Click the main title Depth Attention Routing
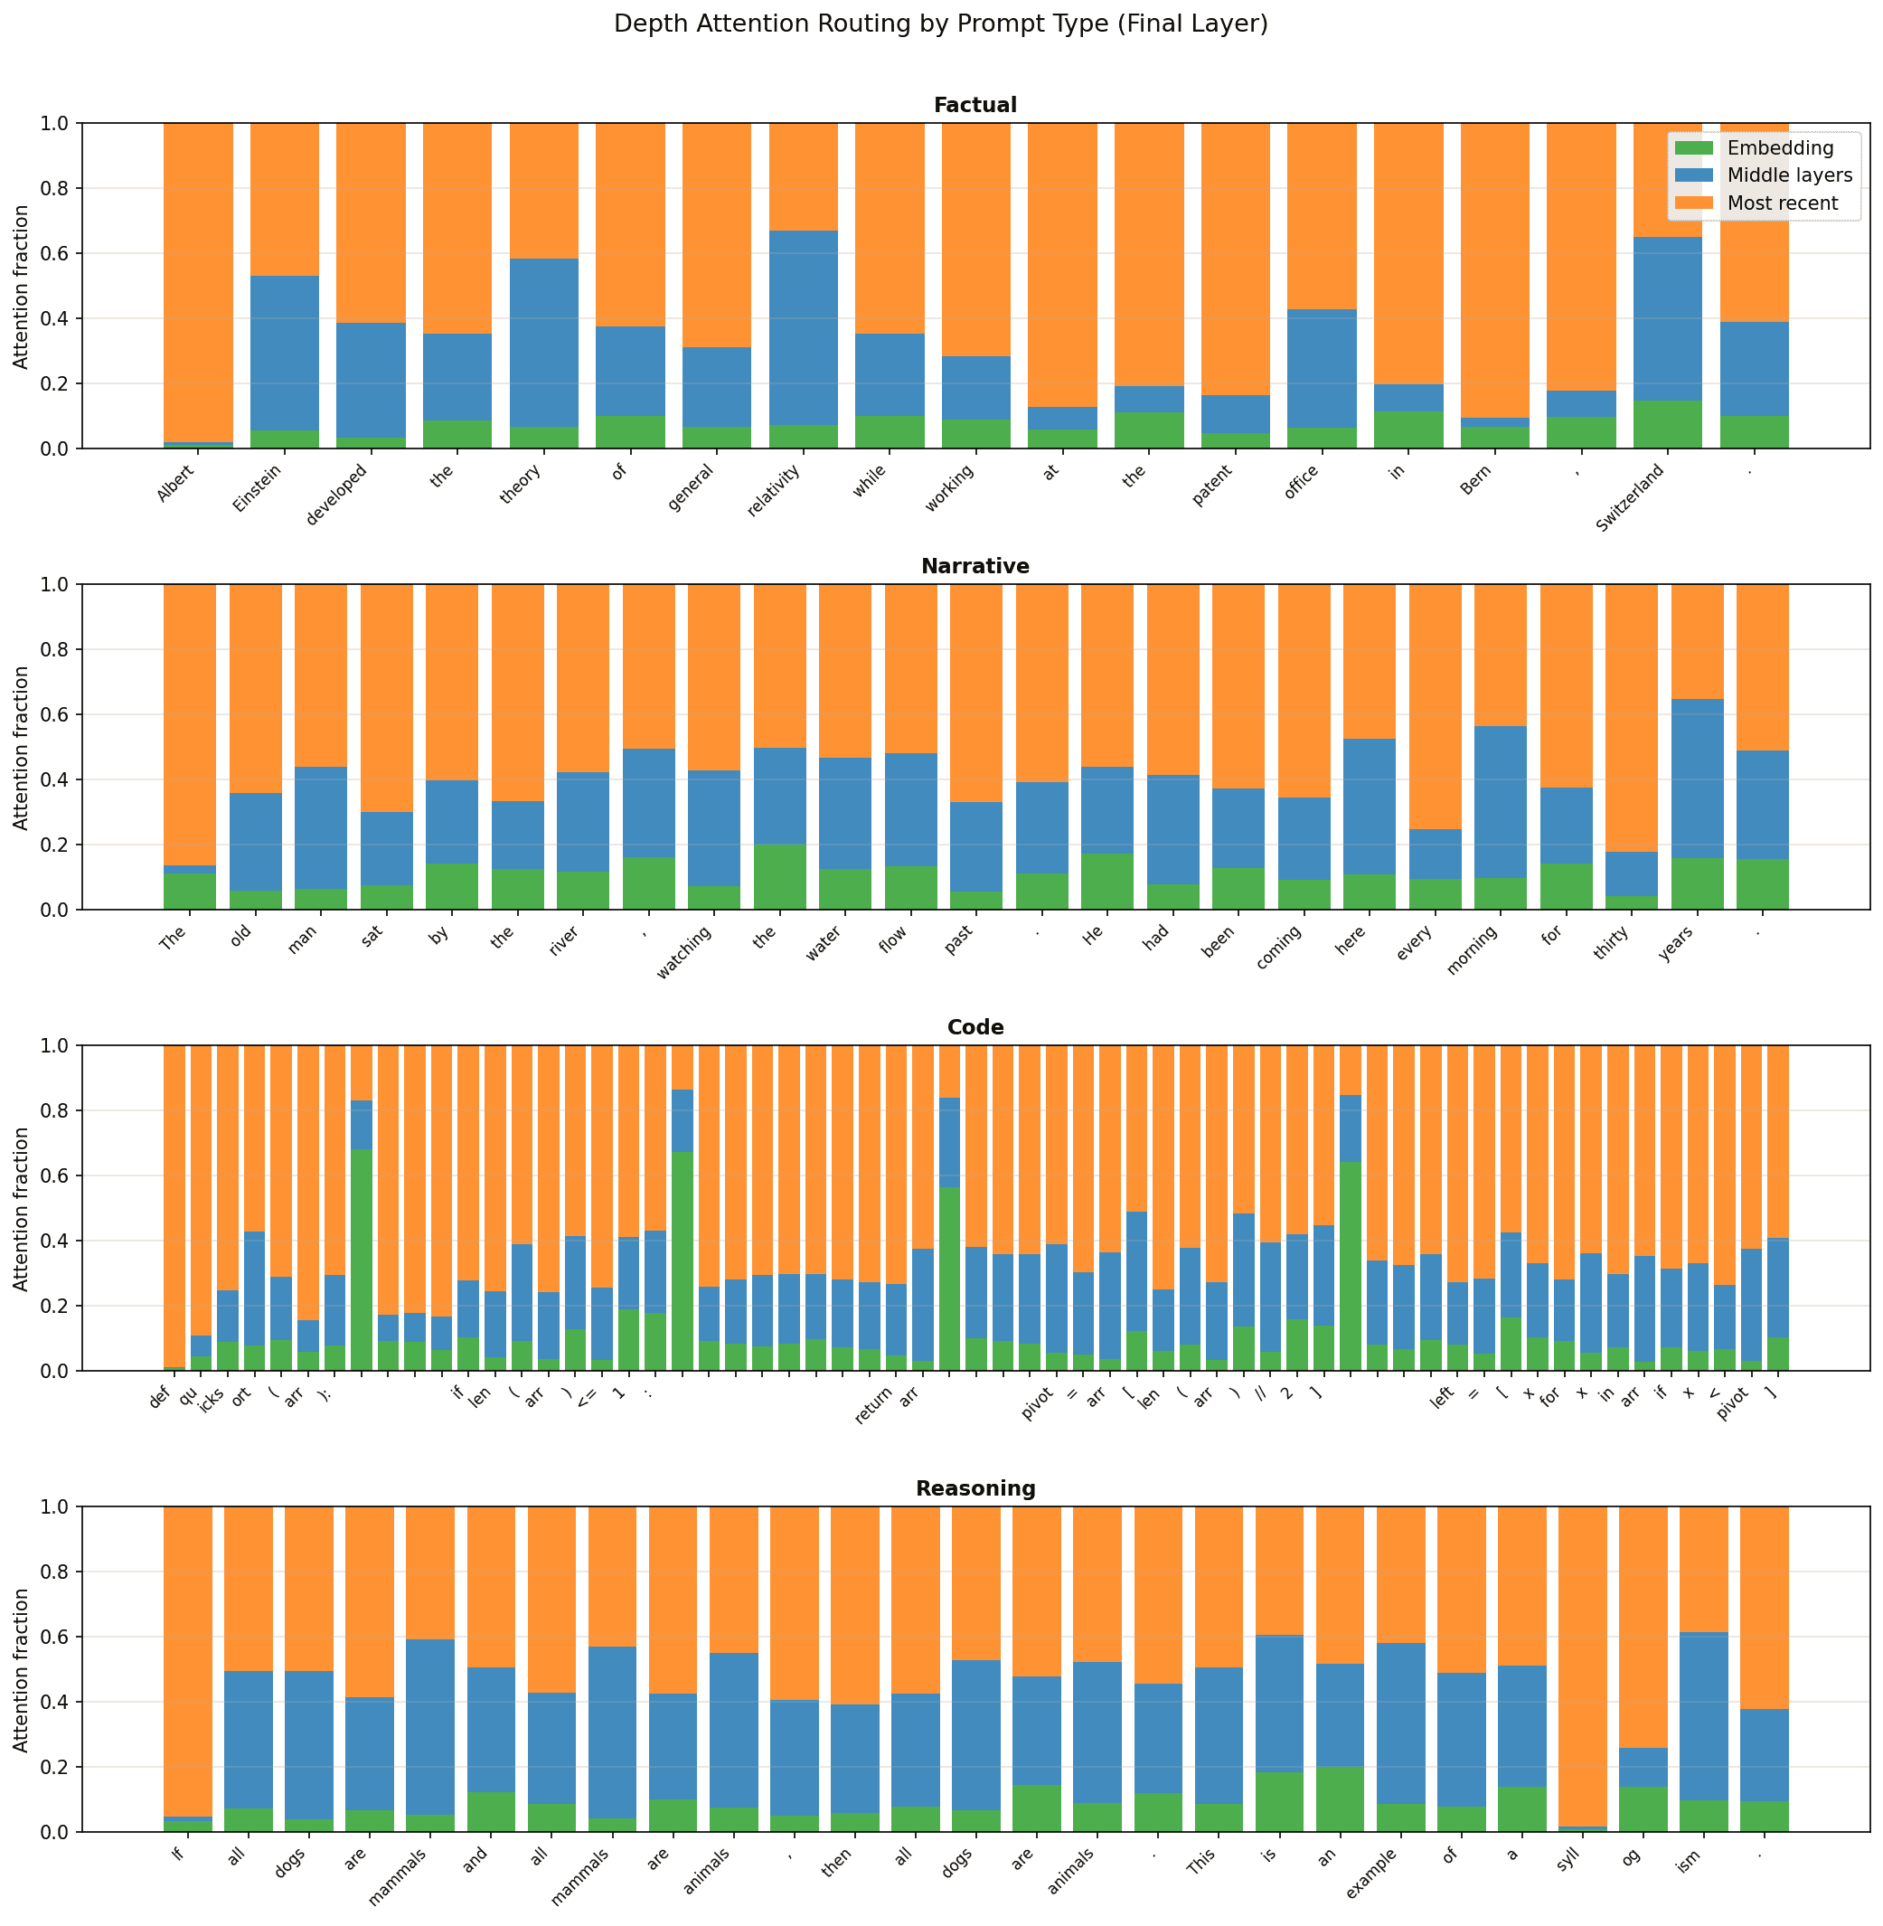(940, 24)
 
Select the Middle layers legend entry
(1789, 176)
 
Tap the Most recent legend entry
(1782, 203)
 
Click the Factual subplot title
(975, 105)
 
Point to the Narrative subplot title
(975, 566)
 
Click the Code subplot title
(975, 1027)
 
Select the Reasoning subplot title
(975, 1487)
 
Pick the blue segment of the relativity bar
(803, 326)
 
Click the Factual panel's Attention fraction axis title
(21, 286)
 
